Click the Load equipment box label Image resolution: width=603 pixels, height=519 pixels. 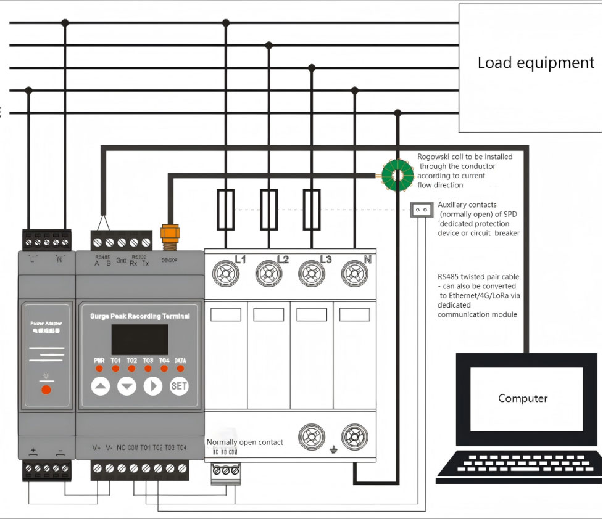coord(536,63)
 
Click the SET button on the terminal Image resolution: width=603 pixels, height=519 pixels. coord(178,386)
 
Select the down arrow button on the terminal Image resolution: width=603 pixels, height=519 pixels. coord(127,386)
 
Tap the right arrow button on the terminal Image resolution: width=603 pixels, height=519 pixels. coord(152,386)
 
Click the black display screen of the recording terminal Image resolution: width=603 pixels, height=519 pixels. coord(139,340)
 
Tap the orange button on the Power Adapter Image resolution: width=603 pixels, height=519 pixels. coord(46,390)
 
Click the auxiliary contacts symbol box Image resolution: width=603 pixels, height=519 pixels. coord(422,210)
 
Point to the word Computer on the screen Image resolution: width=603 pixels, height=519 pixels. coord(523,398)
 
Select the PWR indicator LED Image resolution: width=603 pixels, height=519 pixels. coord(99,369)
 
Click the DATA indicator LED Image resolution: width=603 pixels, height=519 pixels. coord(180,369)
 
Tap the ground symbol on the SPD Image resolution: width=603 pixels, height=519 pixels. coord(333,451)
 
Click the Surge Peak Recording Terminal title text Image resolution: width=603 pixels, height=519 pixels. coord(140,316)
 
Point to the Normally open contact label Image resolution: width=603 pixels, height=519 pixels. coord(244,442)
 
